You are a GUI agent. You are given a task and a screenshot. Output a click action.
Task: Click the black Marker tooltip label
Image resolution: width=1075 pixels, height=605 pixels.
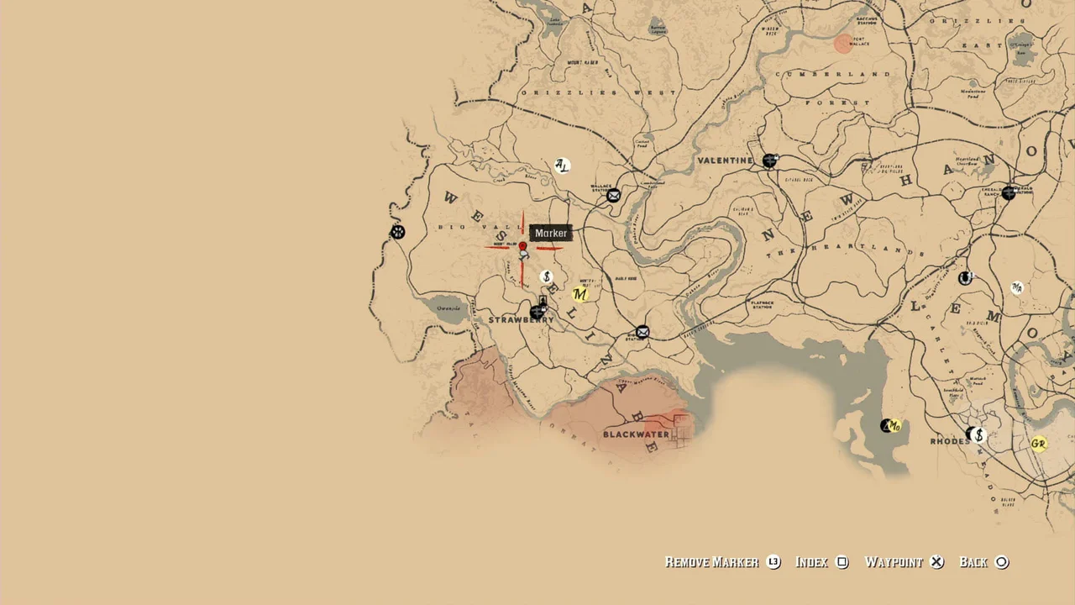551,233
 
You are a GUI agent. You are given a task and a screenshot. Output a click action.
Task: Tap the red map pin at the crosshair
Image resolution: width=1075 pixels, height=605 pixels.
522,247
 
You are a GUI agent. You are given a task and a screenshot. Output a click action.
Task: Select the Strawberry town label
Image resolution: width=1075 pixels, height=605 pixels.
521,320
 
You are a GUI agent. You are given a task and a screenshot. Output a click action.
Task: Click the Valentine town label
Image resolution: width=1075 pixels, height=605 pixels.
725,160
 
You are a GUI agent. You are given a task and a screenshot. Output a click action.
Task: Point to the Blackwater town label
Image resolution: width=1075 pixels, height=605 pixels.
636,434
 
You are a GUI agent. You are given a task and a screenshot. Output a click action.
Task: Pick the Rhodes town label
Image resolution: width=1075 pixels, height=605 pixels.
950,441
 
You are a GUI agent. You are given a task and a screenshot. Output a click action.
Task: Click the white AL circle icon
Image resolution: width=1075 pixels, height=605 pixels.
562,166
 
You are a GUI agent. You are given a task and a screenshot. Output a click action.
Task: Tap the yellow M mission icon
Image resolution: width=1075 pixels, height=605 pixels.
579,294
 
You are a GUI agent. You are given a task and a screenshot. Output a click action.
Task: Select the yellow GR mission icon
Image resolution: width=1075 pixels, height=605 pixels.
1039,444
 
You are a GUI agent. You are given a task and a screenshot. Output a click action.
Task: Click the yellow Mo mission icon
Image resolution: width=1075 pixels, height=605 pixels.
894,427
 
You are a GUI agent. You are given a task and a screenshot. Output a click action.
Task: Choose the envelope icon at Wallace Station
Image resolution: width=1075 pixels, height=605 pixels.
614,196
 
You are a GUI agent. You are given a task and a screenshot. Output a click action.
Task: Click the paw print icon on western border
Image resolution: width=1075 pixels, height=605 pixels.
398,232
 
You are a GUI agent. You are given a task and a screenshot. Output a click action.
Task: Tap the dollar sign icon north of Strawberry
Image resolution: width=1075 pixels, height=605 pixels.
546,276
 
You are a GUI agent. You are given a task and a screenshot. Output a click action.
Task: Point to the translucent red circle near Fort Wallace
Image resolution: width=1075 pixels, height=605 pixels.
843,44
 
